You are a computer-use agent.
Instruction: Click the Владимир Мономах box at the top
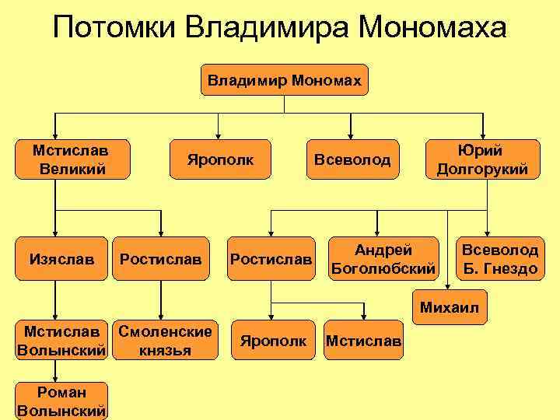[285, 79]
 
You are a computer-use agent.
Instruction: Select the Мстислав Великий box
[72, 159]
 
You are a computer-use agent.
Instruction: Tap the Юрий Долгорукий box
[482, 159]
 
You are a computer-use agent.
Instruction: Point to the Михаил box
[449, 307]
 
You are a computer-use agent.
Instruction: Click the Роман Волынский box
[61, 401]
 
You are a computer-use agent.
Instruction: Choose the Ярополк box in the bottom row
[273, 340]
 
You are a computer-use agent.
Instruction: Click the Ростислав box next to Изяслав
[161, 257]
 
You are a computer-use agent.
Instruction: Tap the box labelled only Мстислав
[364, 340]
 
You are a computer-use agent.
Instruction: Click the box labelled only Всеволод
[352, 159]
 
